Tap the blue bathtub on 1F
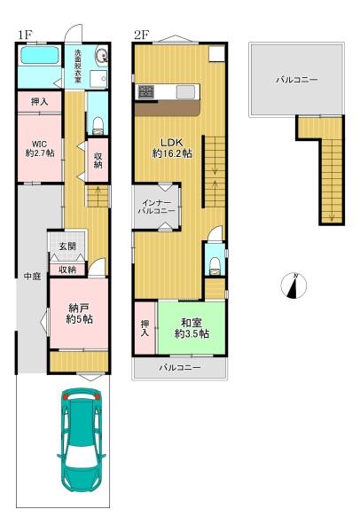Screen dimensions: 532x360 click(39, 57)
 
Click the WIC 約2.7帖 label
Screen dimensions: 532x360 click(38, 145)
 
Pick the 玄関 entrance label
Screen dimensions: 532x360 click(67, 246)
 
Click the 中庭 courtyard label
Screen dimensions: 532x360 click(32, 276)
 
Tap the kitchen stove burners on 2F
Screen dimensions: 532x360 click(145, 91)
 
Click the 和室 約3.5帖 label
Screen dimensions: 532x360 click(191, 327)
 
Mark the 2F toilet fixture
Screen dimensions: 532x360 click(213, 265)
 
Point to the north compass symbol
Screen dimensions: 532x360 click(295, 286)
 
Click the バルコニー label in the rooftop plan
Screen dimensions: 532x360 click(296, 80)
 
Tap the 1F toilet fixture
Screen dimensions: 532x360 click(98, 121)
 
